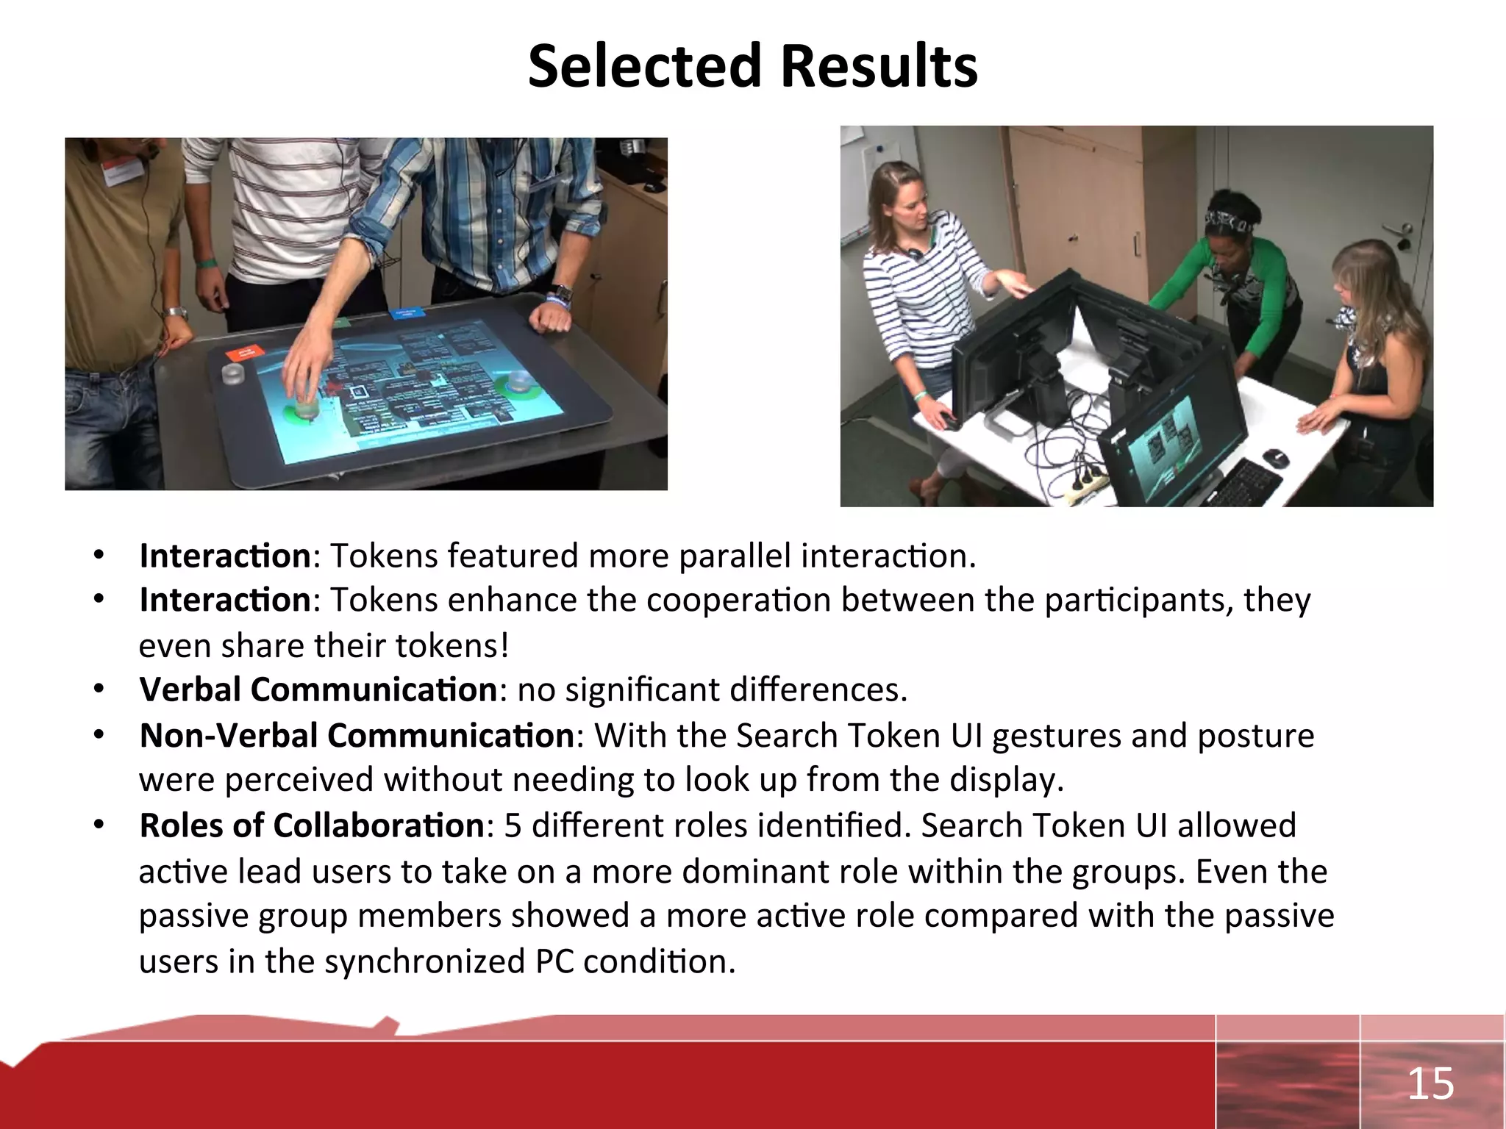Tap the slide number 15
coord(1430,1084)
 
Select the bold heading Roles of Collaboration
coord(312,825)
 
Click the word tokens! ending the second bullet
coord(452,646)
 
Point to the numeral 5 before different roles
coord(513,825)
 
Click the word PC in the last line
coord(554,961)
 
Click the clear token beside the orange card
coord(234,375)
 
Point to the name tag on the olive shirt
coord(121,172)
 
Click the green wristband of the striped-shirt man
coord(207,262)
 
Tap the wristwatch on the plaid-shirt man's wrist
coord(561,294)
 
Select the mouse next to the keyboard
coord(1276,458)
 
